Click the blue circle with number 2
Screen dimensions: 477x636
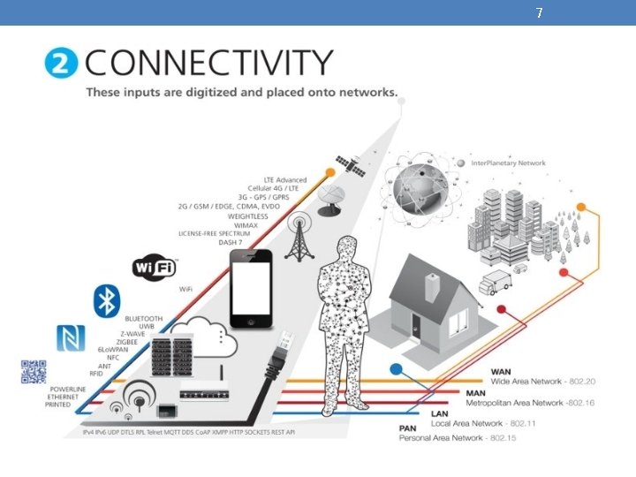point(62,64)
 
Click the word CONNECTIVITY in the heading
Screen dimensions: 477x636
point(208,64)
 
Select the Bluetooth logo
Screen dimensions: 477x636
point(107,300)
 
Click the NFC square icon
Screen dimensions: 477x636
point(69,337)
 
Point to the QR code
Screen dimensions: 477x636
point(34,372)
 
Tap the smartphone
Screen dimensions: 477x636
point(251,288)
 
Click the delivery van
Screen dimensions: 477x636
point(495,283)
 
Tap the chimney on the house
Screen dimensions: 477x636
point(432,287)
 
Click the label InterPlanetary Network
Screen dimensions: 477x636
point(509,163)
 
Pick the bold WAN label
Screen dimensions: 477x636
point(501,371)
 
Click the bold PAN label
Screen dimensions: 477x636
point(407,428)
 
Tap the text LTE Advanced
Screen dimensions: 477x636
point(286,180)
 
